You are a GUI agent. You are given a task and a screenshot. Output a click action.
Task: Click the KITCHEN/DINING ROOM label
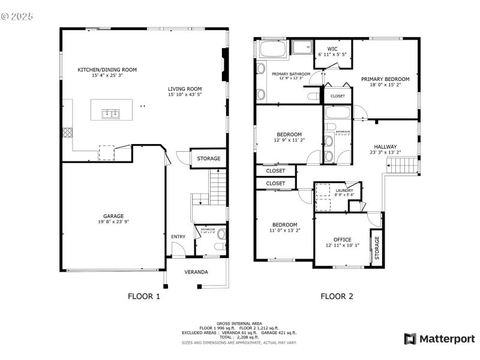pyautogui.click(x=107, y=70)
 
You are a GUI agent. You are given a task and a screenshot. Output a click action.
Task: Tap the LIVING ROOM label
pyautogui.click(x=184, y=88)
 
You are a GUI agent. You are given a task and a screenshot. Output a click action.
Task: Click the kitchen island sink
pyautogui.click(x=110, y=112)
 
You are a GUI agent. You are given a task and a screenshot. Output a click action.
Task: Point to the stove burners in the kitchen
pyautogui.click(x=68, y=133)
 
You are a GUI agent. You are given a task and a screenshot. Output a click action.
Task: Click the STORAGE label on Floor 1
pyautogui.click(x=209, y=158)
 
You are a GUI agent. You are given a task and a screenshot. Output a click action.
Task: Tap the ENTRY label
pyautogui.click(x=178, y=236)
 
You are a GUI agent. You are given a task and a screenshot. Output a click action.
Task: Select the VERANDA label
pyautogui.click(x=196, y=272)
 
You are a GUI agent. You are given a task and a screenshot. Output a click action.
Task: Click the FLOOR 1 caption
pyautogui.click(x=144, y=296)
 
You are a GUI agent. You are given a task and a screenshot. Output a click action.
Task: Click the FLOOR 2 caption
pyautogui.click(x=337, y=296)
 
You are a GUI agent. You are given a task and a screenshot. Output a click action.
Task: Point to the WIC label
pyautogui.click(x=333, y=49)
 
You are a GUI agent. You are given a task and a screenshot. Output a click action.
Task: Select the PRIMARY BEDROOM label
pyautogui.click(x=385, y=79)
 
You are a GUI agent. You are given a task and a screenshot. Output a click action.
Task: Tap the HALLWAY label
pyautogui.click(x=385, y=146)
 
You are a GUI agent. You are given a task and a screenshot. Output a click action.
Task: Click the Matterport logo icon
pyautogui.click(x=410, y=339)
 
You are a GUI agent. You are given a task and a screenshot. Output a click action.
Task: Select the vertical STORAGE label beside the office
pyautogui.click(x=377, y=247)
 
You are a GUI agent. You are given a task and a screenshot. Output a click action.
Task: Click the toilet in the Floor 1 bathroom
pyautogui.click(x=221, y=234)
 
